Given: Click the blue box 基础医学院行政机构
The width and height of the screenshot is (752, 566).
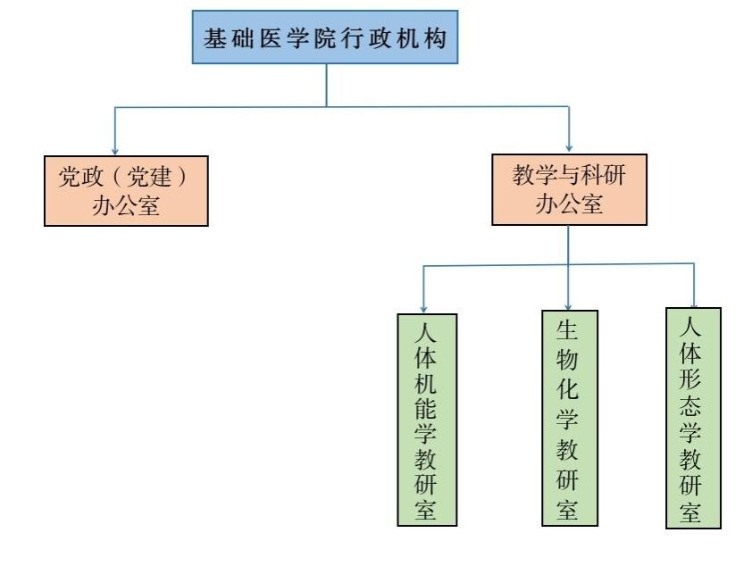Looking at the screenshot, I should click(326, 38).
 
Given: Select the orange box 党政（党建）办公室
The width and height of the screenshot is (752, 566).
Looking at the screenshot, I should click(126, 191).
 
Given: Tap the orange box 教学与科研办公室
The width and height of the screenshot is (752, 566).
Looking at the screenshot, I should click(569, 189).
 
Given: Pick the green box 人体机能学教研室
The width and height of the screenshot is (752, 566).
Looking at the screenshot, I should click(426, 420).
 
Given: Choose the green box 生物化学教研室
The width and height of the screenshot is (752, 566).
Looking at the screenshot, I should click(569, 418).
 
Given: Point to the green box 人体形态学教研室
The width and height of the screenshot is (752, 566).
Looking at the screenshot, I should click(693, 418).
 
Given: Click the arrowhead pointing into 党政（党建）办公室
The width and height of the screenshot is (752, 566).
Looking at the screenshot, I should click(115, 149).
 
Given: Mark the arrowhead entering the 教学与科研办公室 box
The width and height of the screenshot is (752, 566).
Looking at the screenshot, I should click(569, 147).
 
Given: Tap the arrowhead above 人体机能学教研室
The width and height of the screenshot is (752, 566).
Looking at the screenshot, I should click(423, 307).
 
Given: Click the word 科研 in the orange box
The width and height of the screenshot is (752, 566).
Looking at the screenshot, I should click(606, 176).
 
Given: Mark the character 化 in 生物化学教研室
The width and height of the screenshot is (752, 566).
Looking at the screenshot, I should click(567, 390).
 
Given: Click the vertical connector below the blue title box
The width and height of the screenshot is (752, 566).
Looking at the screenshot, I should click(326, 85).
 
